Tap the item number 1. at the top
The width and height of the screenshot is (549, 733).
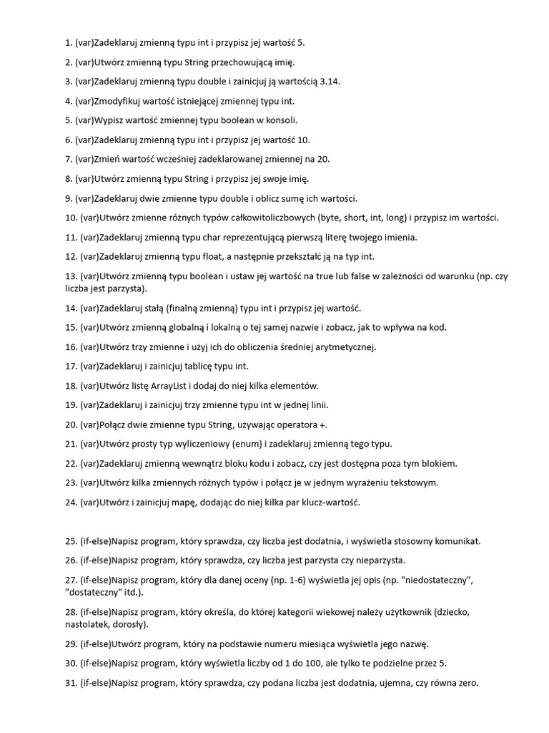pyautogui.click(x=69, y=43)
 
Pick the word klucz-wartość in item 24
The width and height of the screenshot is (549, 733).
pyautogui.click(x=330, y=502)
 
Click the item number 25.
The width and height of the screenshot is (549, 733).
pyautogui.click(x=71, y=540)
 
